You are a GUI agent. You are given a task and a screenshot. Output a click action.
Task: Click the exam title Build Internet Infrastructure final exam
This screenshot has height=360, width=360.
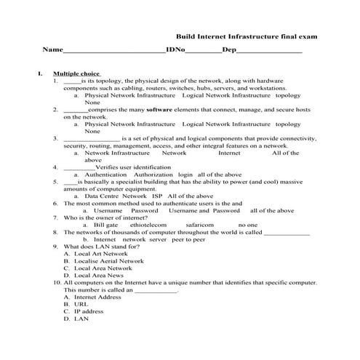click(x=247, y=36)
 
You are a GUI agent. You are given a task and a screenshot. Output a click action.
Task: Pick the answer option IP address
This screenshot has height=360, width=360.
click(x=93, y=311)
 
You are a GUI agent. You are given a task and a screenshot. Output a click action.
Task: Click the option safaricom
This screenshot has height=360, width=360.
click(x=201, y=225)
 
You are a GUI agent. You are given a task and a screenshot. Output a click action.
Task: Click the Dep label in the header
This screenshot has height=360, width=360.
click(x=229, y=50)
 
